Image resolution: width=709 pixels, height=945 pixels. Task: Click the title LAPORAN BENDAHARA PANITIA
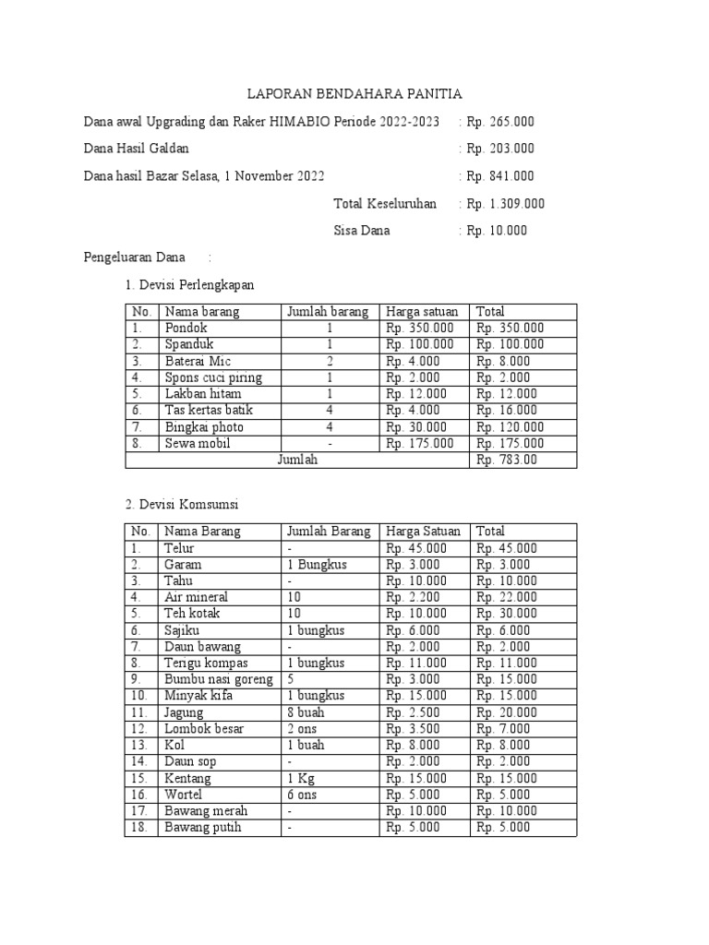point(354,94)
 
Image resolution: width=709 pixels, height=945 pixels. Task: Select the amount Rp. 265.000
point(500,122)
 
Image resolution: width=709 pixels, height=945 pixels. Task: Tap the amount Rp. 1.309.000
point(506,204)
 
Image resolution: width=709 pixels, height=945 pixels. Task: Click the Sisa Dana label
point(361,231)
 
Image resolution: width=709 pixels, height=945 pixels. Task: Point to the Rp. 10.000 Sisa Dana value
point(497,231)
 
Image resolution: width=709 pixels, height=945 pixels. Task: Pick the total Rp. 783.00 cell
point(505,461)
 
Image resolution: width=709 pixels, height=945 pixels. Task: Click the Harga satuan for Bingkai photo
point(417,427)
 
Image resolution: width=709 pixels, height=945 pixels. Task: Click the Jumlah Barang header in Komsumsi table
point(329,532)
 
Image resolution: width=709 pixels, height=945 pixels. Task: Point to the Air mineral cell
point(197,597)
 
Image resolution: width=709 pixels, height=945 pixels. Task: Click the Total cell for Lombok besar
point(503,729)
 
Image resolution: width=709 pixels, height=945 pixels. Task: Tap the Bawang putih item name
point(202,828)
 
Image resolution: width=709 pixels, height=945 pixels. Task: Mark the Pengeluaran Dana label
point(135,257)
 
